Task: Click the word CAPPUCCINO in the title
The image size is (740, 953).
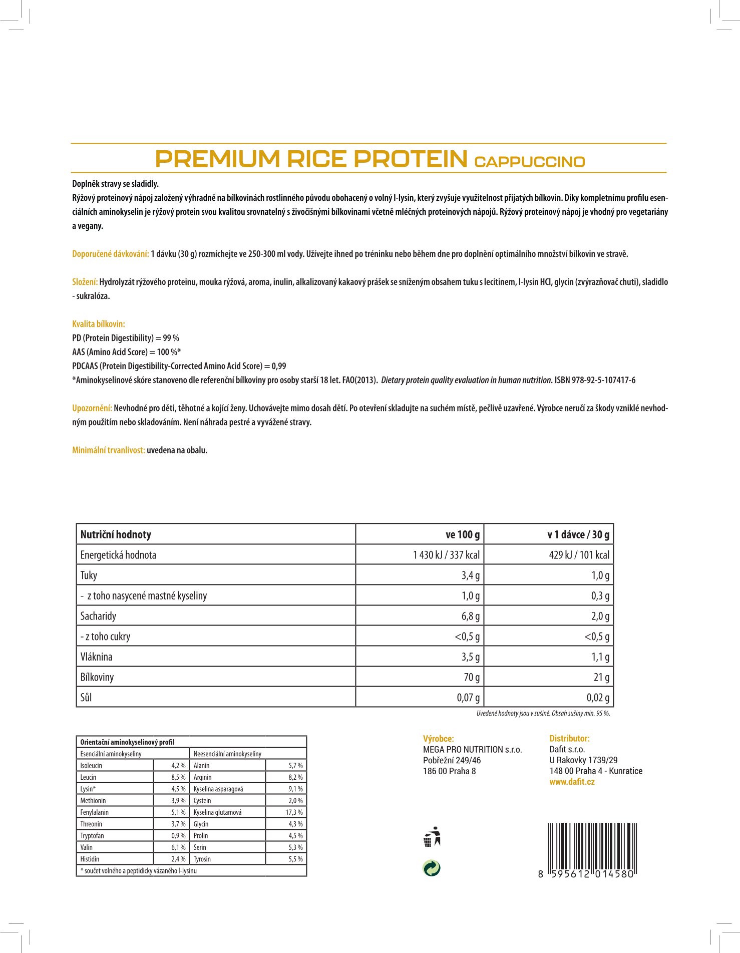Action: (x=529, y=162)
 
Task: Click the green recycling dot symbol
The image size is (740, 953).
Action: (x=432, y=868)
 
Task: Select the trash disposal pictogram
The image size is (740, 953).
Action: (x=432, y=836)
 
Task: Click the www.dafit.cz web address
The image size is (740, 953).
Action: (x=572, y=782)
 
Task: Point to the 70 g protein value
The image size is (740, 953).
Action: (x=471, y=677)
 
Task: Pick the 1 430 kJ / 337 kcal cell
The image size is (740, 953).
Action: (x=446, y=555)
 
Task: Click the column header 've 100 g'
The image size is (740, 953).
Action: (x=462, y=534)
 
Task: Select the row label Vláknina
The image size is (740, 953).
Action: (x=97, y=657)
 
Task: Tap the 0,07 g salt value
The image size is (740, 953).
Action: (x=468, y=697)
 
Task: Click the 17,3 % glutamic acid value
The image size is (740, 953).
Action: (x=294, y=812)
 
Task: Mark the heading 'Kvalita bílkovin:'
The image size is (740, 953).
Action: (x=99, y=324)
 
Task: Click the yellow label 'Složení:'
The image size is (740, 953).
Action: (x=85, y=282)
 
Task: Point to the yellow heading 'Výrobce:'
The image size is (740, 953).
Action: (x=438, y=738)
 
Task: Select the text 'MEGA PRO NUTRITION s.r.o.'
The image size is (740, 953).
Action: (x=472, y=749)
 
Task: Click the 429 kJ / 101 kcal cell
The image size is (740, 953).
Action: (x=579, y=555)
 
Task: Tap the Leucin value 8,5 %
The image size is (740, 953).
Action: (x=178, y=777)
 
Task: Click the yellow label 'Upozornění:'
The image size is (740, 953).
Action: (x=92, y=408)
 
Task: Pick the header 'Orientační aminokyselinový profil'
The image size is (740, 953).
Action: (x=127, y=742)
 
